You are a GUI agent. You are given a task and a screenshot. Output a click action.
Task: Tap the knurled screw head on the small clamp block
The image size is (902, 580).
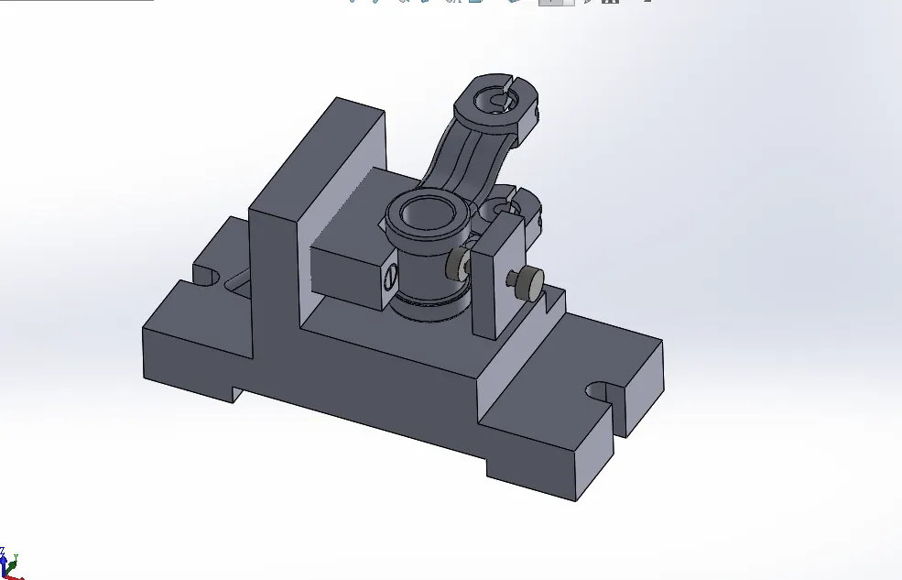(528, 283)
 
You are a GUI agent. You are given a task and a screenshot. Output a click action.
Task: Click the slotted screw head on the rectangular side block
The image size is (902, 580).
(390, 273)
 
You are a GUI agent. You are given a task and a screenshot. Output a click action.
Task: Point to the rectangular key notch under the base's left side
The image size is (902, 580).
(236, 394)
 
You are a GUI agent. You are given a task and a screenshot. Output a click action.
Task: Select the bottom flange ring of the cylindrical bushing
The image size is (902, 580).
(429, 307)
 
